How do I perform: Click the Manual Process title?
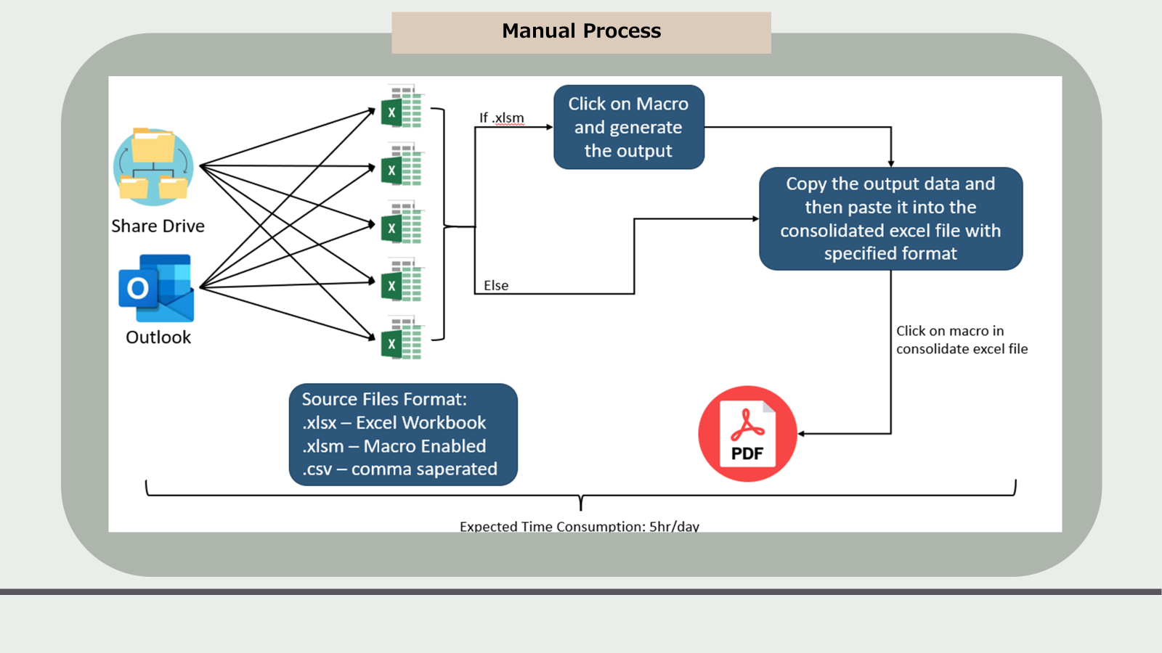coord(581,31)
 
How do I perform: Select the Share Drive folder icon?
coord(154,165)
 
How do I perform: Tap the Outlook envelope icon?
coord(157,288)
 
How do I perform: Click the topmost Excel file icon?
coord(402,107)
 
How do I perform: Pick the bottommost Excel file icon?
coord(402,339)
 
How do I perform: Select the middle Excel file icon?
coord(402,223)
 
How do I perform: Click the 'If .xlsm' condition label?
coord(501,118)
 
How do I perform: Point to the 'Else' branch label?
coord(496,286)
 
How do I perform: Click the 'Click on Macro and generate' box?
coord(628,127)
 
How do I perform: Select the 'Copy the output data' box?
coord(890,218)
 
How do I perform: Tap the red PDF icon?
coord(747,434)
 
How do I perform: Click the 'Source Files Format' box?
coord(403,434)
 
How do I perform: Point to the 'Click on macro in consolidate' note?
coord(961,340)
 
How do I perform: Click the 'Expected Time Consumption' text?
coord(579,526)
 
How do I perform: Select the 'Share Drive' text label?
coord(158,226)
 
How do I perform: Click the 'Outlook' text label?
coord(158,337)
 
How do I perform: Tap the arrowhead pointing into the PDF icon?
coord(802,434)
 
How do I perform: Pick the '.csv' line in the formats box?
coord(399,469)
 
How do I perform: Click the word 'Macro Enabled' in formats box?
coord(424,446)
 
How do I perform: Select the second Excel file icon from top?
coord(402,165)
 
